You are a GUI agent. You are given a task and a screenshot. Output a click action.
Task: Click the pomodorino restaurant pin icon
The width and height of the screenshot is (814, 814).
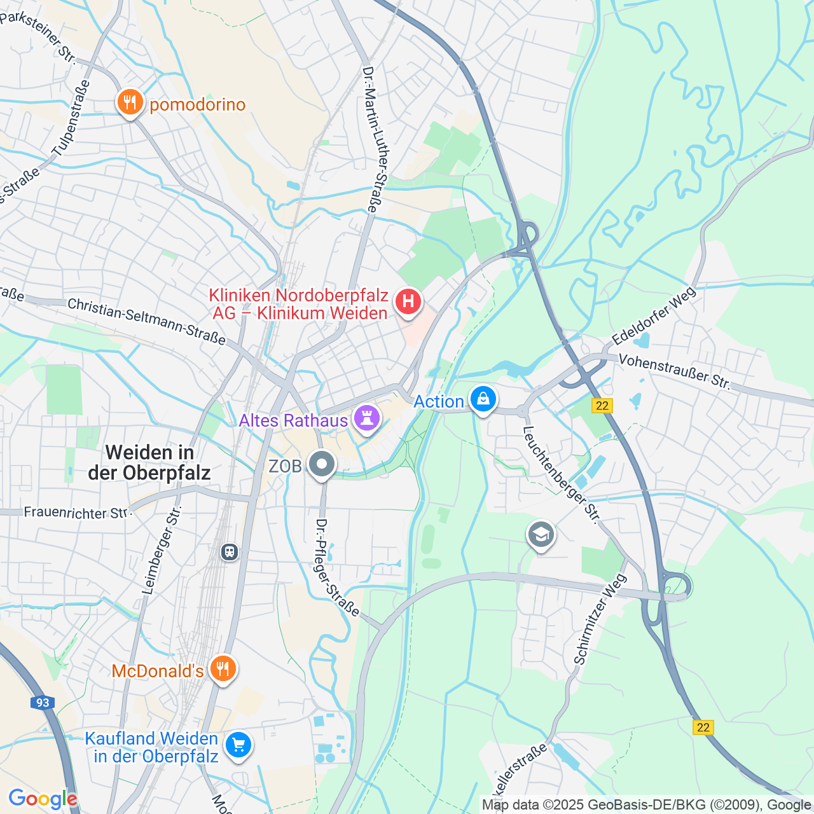click(130, 102)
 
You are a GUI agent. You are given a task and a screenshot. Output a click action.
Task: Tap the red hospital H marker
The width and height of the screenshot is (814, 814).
click(408, 301)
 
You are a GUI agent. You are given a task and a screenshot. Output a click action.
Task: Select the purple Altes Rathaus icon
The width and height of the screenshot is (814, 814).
click(367, 418)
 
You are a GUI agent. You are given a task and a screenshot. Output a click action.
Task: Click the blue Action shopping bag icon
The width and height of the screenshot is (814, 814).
click(483, 399)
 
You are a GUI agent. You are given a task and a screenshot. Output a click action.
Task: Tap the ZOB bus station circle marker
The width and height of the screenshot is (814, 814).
click(322, 464)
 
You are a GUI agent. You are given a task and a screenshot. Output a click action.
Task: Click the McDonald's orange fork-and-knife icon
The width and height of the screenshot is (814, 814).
click(223, 668)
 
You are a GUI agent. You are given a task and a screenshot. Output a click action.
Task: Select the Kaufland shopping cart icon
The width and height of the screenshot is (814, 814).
click(238, 744)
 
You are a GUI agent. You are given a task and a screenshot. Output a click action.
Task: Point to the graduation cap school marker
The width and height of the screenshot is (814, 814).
click(541, 535)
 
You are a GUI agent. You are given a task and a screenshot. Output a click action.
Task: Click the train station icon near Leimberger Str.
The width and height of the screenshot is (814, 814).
click(230, 551)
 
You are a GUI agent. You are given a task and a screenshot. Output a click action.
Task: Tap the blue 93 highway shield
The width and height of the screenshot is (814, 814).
click(42, 703)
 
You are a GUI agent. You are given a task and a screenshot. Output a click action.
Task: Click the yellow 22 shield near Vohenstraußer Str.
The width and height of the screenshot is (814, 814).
click(602, 405)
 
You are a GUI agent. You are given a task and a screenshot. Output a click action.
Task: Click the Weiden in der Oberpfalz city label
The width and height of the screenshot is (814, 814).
click(149, 462)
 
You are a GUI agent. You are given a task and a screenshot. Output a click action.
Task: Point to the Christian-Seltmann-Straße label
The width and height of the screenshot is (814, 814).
click(146, 321)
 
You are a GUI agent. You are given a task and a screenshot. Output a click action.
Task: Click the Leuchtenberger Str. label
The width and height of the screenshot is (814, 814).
click(560, 474)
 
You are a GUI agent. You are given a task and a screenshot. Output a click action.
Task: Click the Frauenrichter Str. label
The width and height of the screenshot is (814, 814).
click(76, 513)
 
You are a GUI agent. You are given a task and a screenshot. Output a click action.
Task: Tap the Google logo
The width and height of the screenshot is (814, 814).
click(43, 799)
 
